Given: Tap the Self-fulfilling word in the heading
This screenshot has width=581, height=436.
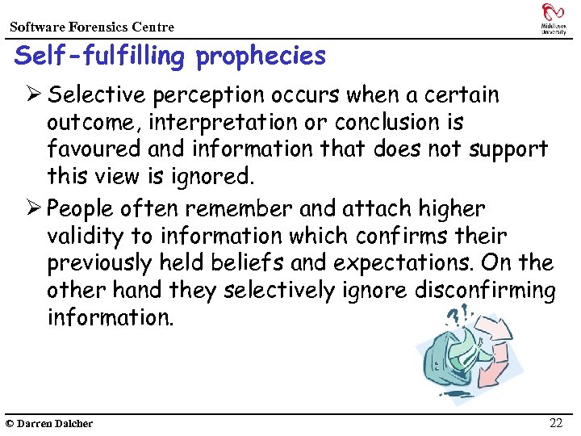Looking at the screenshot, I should (x=101, y=57).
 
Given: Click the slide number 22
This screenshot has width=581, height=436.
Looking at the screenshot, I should (x=556, y=423).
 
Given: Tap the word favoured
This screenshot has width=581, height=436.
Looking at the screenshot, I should (x=90, y=149).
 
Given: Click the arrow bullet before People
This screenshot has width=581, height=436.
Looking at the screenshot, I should (x=33, y=208).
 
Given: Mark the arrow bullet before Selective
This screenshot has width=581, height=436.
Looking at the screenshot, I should (x=33, y=95).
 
